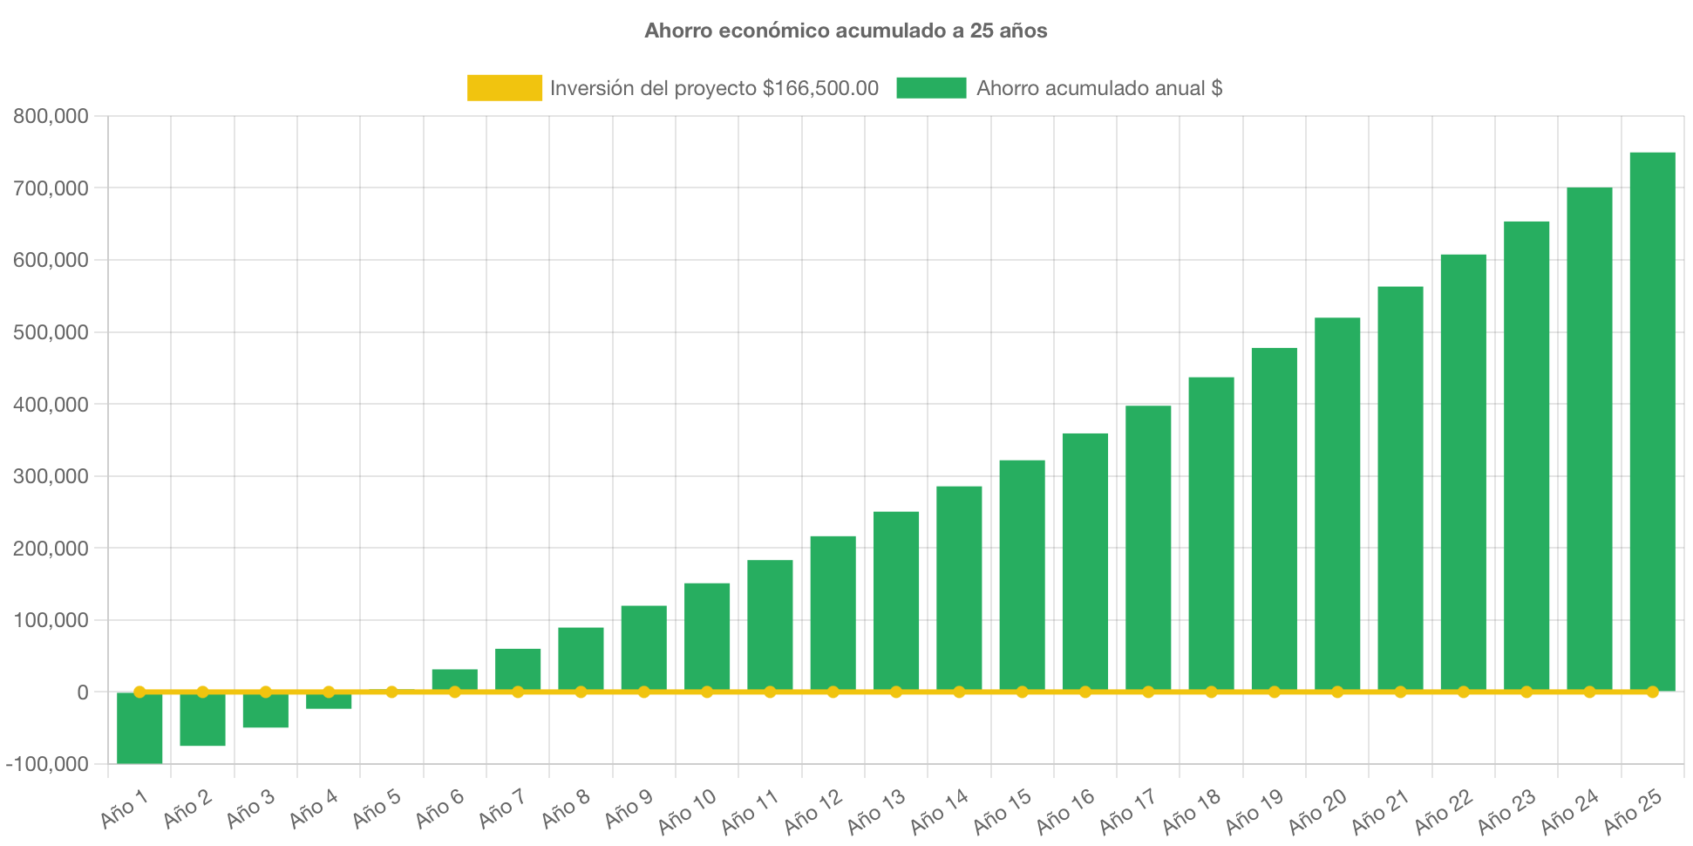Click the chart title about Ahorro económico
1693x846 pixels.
846,31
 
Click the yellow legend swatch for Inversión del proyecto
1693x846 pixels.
504,88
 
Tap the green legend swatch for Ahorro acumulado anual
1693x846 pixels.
931,88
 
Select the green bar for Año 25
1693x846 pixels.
1652,419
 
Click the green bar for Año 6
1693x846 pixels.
454,679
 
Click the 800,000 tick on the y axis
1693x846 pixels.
51,116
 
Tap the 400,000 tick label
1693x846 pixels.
51,405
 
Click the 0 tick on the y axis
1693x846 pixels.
82,692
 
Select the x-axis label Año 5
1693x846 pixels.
377,808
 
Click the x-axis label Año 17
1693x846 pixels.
1127,811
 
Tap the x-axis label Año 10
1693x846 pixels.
687,811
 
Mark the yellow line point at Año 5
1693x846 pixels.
391,692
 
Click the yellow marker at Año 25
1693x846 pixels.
1652,692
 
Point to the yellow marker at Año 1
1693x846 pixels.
139,692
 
